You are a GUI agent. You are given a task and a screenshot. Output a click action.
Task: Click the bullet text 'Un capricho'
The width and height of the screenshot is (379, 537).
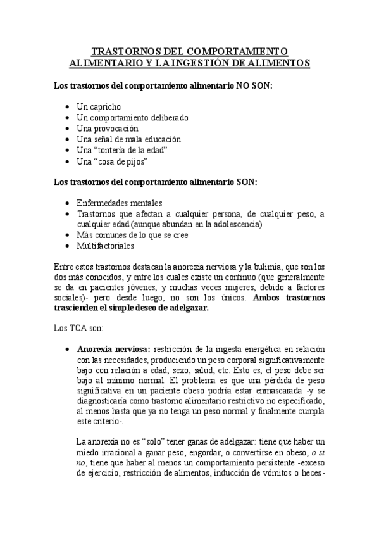[99, 107]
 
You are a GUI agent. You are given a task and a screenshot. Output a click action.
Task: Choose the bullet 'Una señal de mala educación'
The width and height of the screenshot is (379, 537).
[128, 139]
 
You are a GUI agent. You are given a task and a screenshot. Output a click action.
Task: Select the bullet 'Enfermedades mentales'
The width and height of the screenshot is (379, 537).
[120, 204]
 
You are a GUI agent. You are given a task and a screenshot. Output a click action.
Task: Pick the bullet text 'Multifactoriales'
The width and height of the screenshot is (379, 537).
[105, 246]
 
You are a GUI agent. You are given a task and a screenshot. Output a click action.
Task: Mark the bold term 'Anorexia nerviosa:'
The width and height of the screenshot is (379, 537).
[113, 350]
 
